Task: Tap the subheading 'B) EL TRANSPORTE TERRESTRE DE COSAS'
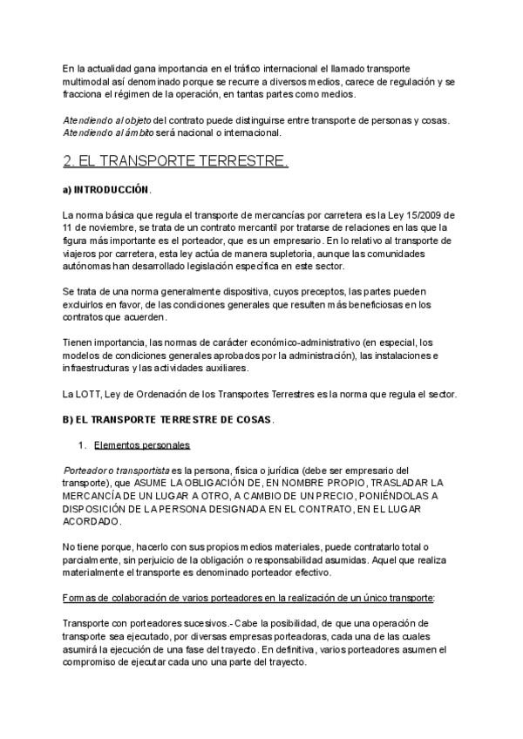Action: (x=168, y=419)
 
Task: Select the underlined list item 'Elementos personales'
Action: (x=141, y=445)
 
